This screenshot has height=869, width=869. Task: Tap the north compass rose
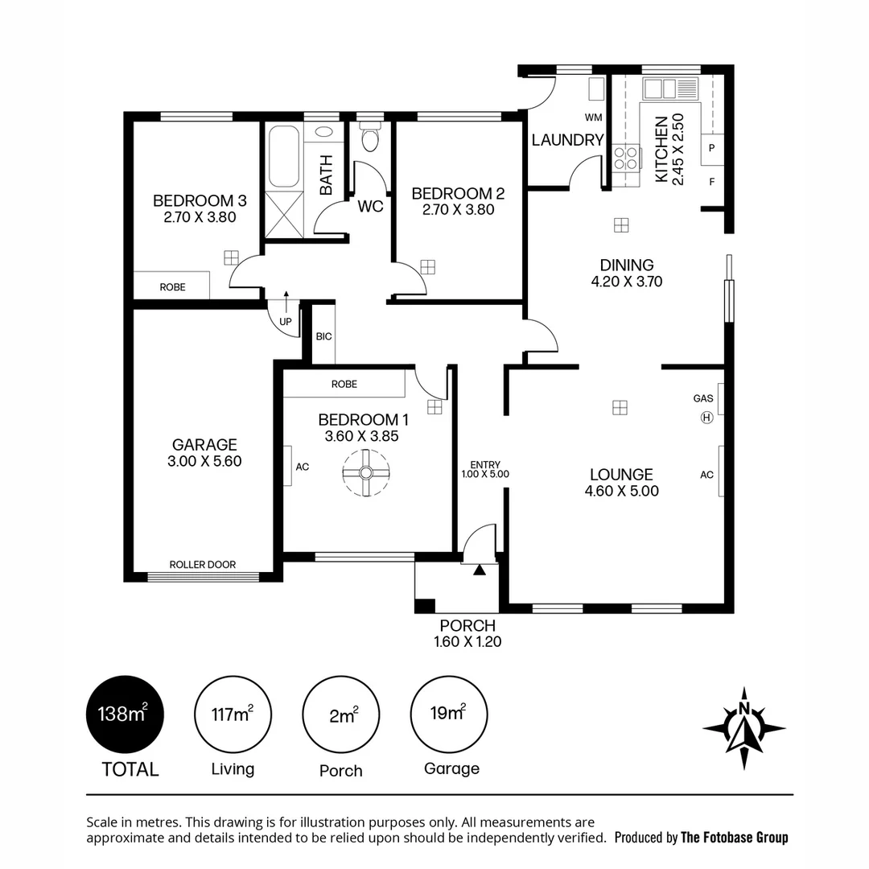pyautogui.click(x=743, y=729)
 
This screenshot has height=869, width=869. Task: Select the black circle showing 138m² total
pyautogui.click(x=125, y=714)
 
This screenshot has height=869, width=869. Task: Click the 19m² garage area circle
pyautogui.click(x=449, y=714)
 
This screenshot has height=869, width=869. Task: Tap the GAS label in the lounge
pyautogui.click(x=702, y=398)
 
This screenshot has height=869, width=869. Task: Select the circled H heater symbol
pyautogui.click(x=706, y=417)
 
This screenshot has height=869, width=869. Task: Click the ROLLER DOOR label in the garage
pyautogui.click(x=203, y=565)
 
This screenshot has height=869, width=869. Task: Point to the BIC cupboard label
pyautogui.click(x=324, y=336)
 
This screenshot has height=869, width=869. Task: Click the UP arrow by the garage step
pyautogui.click(x=286, y=314)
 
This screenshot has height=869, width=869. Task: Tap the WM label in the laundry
pyautogui.click(x=593, y=117)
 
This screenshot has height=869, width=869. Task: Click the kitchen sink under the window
pyautogui.click(x=670, y=89)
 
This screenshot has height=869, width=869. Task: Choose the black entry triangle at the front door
pyautogui.click(x=480, y=570)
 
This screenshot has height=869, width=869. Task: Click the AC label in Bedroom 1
pyautogui.click(x=303, y=466)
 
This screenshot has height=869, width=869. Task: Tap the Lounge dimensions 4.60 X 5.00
pyautogui.click(x=622, y=491)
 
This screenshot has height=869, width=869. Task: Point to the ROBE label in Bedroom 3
pyautogui.click(x=172, y=286)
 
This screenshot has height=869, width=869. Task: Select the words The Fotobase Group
pyautogui.click(x=734, y=838)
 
